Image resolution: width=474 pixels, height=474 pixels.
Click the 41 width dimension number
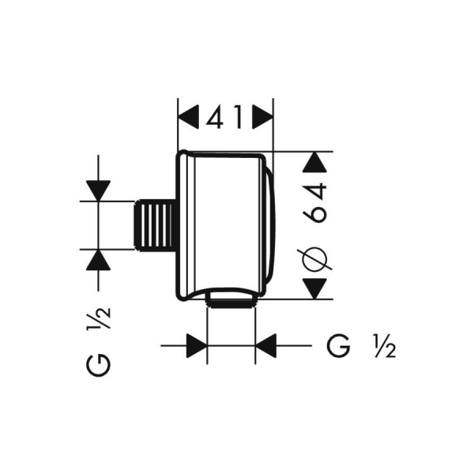(224, 117)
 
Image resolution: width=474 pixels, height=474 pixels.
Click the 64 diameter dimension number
(316, 202)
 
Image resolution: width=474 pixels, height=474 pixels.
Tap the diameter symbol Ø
(314, 258)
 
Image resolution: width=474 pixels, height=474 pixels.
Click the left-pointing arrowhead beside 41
(188, 117)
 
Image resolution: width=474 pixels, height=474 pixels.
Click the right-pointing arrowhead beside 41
(263, 117)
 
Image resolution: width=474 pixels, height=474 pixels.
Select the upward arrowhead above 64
(314, 162)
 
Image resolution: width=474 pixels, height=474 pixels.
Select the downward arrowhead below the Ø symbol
(314, 288)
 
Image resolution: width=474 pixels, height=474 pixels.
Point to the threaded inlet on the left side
(155, 225)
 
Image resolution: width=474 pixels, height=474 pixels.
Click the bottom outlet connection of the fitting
(231, 299)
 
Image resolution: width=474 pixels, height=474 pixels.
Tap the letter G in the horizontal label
(339, 345)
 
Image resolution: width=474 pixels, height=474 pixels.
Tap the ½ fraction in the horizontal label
(385, 346)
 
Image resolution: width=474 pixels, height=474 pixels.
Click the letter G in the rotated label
(99, 366)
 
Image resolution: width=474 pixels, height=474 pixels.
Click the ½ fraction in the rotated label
(99, 319)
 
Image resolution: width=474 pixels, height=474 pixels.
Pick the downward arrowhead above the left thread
(98, 190)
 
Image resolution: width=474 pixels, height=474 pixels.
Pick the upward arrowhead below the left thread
(98, 260)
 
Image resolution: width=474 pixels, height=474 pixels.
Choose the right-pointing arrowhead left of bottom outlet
(197, 345)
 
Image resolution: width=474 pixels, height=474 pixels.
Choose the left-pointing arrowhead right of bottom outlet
(265, 345)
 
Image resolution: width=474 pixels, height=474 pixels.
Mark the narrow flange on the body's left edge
(185, 225)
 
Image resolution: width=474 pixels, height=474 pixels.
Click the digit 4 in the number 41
(216, 117)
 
